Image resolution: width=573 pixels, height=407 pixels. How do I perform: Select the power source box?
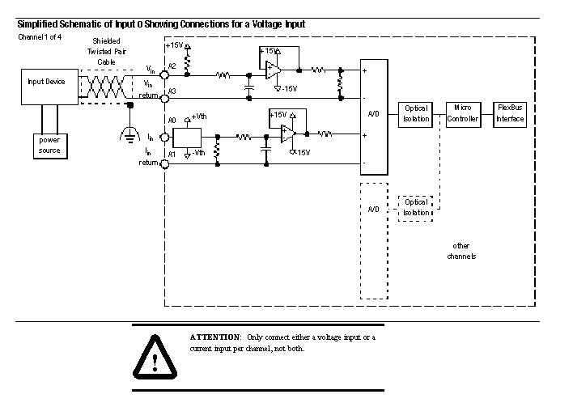coord(49,145)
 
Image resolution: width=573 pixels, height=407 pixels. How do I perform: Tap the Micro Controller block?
coord(464,114)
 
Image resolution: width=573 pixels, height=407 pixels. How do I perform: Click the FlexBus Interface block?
coord(510,114)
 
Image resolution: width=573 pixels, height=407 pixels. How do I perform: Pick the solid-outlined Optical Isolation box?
coord(416,114)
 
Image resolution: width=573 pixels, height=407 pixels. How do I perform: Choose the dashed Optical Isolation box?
coord(416,207)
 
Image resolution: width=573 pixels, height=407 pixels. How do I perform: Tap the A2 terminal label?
coord(172,66)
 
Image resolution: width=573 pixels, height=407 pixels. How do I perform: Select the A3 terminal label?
coord(172,92)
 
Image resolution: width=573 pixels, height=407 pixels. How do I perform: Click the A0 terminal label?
coord(172,119)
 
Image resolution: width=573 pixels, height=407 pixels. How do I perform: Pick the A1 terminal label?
coord(172,152)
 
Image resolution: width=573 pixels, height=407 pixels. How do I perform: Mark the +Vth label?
coord(199,117)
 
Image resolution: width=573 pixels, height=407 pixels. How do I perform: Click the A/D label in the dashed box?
coord(373,209)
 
